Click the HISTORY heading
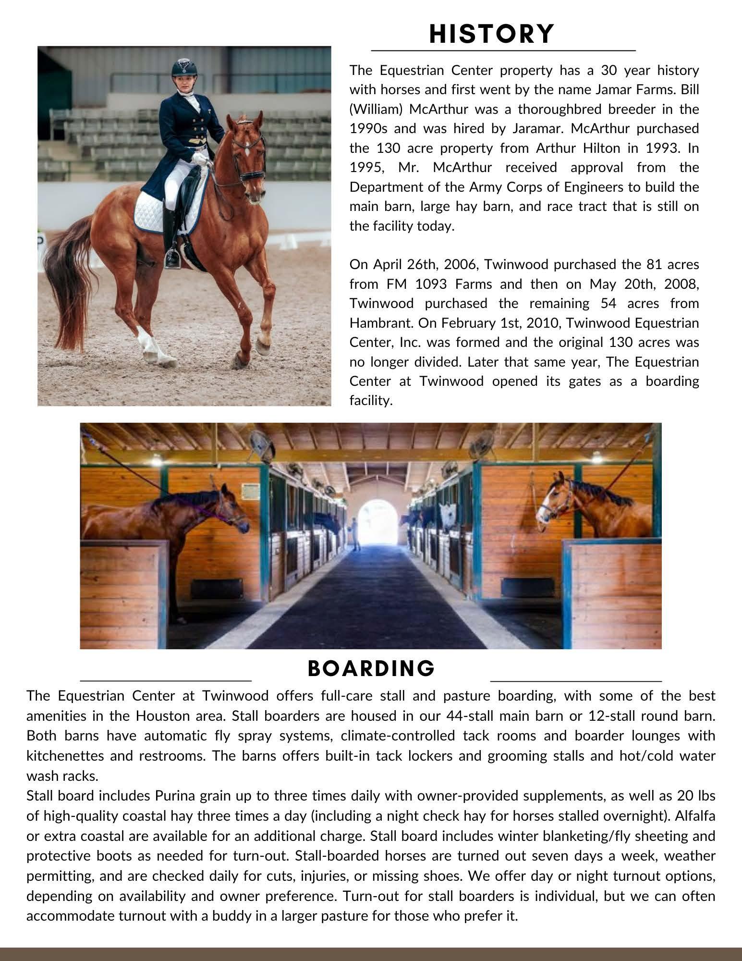pyautogui.click(x=491, y=34)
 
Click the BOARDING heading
pyautogui.click(x=371, y=668)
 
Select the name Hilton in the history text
pyautogui.click(x=601, y=148)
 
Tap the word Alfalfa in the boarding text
pyautogui.click(x=692, y=816)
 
